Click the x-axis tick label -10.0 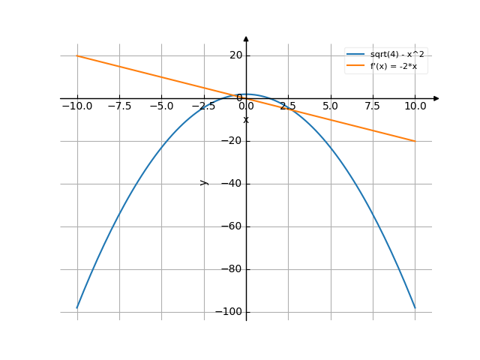[77, 106]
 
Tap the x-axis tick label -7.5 [119, 106]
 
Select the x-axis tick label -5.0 [161, 106]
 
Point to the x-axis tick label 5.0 [330, 106]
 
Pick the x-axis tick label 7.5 [373, 106]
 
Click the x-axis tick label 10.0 [415, 106]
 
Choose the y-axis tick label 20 [235, 55]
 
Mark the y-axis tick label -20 [232, 141]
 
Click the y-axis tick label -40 [232, 184]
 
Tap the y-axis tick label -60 [232, 226]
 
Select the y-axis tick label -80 [232, 269]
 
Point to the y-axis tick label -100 [229, 312]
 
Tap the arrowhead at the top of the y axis [246, 38]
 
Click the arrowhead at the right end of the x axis [436, 98]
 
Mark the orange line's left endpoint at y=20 [77, 55]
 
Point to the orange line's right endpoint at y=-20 [415, 141]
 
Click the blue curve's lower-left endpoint [77, 307]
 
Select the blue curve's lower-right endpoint [415, 307]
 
